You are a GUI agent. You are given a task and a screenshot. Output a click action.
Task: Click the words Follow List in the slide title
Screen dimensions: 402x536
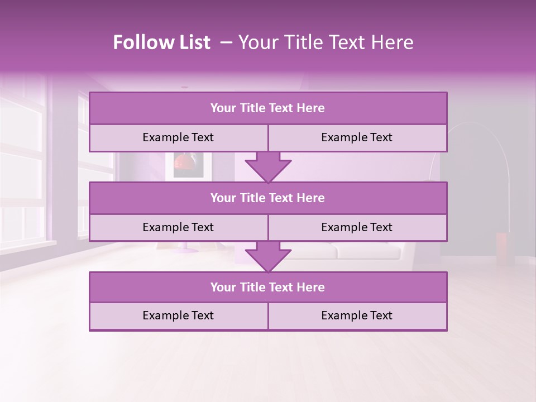162,42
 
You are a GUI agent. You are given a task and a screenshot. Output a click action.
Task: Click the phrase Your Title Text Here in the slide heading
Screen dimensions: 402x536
326,42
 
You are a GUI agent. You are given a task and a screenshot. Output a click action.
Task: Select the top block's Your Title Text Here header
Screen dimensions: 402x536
267,108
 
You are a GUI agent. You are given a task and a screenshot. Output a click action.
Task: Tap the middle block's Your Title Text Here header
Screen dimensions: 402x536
267,198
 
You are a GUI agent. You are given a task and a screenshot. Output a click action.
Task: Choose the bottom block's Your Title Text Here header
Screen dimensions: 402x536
267,287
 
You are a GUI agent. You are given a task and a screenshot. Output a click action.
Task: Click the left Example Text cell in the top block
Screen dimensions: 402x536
178,137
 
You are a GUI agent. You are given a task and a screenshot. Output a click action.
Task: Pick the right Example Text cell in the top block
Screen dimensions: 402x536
357,137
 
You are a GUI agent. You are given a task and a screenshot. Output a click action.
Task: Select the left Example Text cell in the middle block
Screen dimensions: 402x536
178,227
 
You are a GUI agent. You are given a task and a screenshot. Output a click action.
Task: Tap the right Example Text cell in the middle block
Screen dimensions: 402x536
357,227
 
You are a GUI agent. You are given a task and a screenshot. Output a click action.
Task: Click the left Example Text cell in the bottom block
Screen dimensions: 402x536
178,315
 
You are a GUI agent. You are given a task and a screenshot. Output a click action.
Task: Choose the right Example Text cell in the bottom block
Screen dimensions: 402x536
357,315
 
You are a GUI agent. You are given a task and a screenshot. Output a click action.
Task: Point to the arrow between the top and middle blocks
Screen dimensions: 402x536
268,167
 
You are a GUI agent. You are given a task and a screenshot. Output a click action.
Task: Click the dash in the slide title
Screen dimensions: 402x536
226,42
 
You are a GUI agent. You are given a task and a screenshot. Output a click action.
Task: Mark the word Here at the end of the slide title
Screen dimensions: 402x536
394,42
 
